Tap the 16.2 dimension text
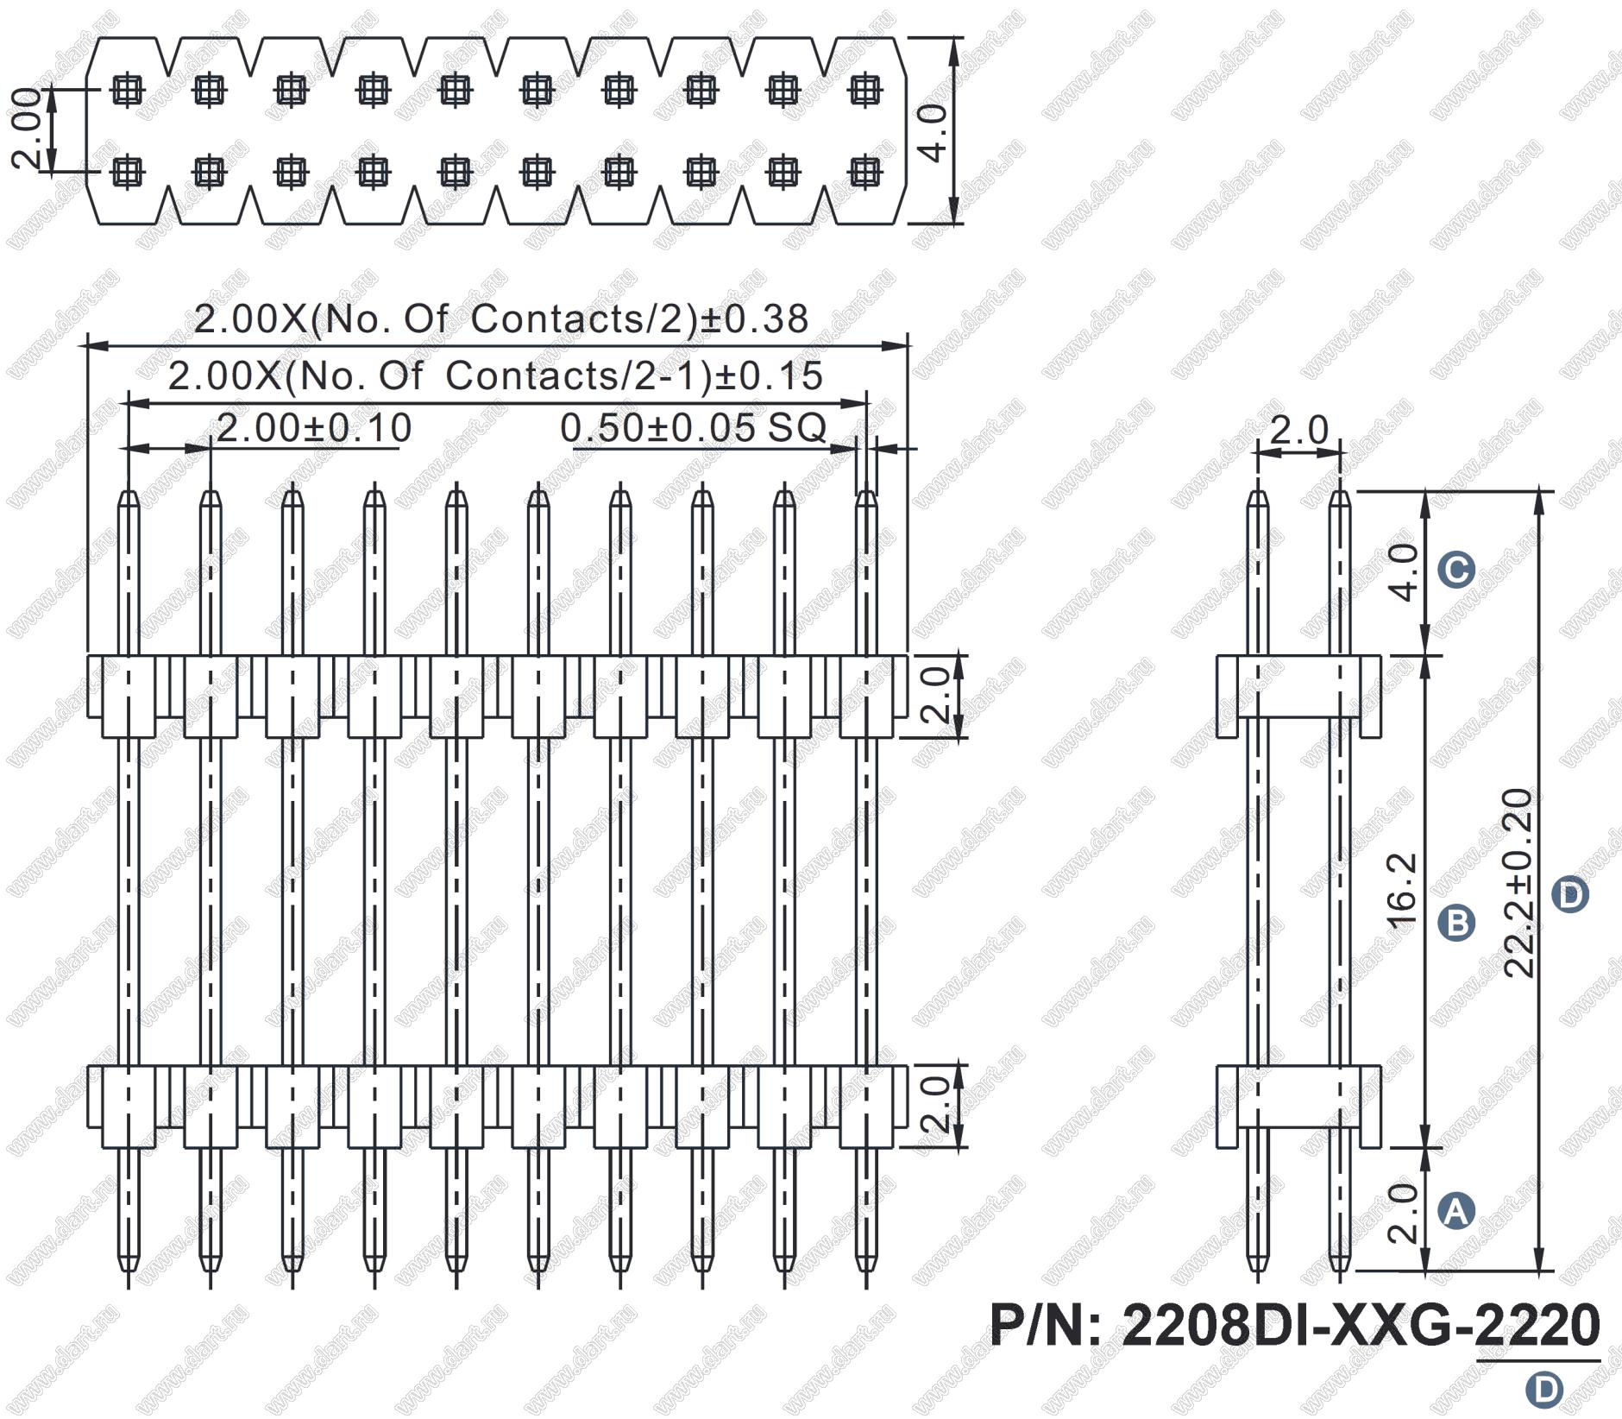pos(1404,890)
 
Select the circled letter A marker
pos(1457,1212)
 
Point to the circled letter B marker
pos(1457,922)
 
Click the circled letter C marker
pos(1457,570)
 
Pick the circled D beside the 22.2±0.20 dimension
pos(1569,894)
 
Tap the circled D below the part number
pos(1543,1390)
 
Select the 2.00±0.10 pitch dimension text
pos(313,428)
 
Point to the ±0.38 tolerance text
pos(753,319)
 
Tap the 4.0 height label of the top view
pos(934,131)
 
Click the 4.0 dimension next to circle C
pos(1404,572)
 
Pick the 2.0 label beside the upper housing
pos(935,694)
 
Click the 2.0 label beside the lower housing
pos(935,1104)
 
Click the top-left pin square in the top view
pos(129,89)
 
